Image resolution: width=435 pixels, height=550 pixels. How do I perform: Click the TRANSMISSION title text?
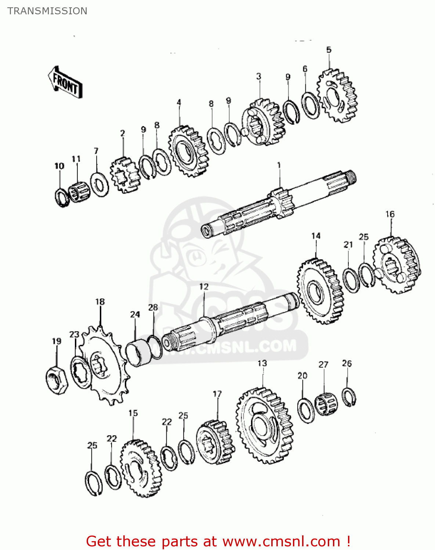47,11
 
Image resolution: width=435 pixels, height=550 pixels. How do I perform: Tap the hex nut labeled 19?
57,379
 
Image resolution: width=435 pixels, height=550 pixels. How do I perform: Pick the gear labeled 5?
337,96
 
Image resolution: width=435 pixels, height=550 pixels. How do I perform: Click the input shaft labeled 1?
279,205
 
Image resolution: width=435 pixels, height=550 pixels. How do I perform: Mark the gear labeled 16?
396,265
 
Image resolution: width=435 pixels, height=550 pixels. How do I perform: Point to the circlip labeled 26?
349,397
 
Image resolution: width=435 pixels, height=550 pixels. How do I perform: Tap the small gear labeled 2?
125,175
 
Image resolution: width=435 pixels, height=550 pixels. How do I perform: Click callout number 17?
217,394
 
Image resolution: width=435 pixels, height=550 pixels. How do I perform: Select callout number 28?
153,307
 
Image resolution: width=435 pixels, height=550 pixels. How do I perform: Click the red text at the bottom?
218,541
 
